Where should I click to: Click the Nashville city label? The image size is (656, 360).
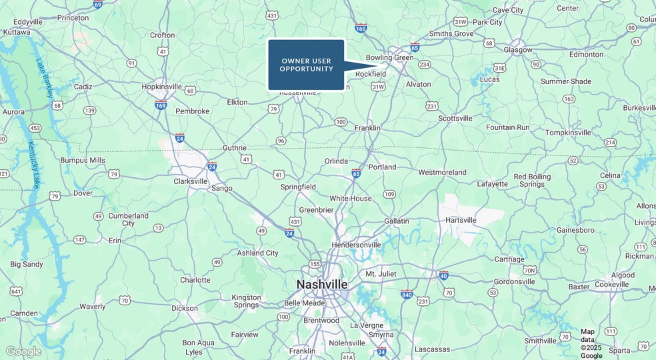click(x=322, y=285)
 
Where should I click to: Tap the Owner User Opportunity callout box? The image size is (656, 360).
click(x=306, y=65)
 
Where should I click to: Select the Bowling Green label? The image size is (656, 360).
click(x=390, y=58)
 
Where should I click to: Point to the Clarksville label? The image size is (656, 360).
click(x=191, y=181)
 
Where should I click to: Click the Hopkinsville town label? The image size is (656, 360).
click(x=161, y=87)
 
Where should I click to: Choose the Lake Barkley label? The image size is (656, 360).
click(x=44, y=79)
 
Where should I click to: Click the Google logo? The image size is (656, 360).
click(x=23, y=351)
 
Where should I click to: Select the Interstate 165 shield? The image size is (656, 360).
click(x=361, y=28)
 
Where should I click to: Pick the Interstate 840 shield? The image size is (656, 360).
click(x=406, y=294)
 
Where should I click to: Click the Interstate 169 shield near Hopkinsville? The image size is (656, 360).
click(x=161, y=105)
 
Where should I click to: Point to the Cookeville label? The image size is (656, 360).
click(x=612, y=285)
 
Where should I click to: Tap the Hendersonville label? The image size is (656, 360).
click(x=357, y=245)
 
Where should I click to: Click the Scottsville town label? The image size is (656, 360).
click(x=455, y=119)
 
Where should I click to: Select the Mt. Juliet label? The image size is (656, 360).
click(x=381, y=274)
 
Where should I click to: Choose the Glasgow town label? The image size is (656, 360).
click(x=518, y=50)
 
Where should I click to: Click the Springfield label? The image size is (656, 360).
click(x=298, y=187)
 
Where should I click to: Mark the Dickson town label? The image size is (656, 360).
click(x=185, y=308)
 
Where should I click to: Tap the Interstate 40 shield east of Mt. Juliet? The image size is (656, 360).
click(x=443, y=275)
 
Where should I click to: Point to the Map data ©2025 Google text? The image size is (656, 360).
click(x=591, y=343)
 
